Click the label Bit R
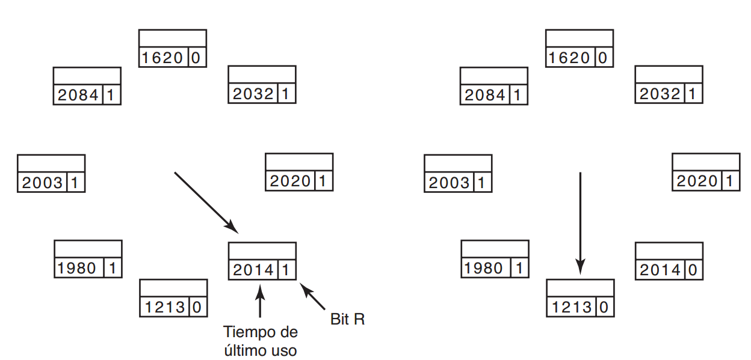click(347, 319)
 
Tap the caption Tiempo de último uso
click(260, 340)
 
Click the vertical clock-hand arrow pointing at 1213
click(580, 222)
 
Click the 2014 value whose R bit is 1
click(253, 270)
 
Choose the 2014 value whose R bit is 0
click(660, 270)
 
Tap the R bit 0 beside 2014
click(693, 270)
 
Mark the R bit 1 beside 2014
click(286, 270)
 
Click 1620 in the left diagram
click(162, 58)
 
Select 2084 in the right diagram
click(485, 95)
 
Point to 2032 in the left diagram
click(253, 94)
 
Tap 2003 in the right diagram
click(449, 183)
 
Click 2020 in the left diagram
click(290, 181)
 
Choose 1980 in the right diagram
click(485, 268)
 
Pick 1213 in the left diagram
click(164, 307)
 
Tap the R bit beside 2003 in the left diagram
click(75, 183)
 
